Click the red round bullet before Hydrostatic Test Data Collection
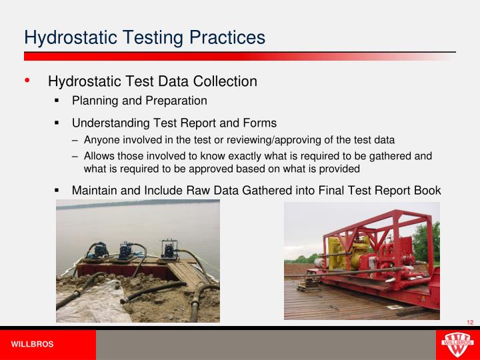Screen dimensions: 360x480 pos(27,81)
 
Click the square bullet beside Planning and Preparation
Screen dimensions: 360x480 pos(57,101)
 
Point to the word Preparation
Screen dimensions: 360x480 pos(175,101)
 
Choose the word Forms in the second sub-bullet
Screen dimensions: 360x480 pos(260,123)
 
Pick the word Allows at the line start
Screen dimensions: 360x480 pos(99,156)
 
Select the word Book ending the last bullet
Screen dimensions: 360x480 pos(427,191)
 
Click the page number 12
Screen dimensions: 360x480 pos(470,323)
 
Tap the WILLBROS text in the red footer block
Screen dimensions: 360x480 pos(32,345)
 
